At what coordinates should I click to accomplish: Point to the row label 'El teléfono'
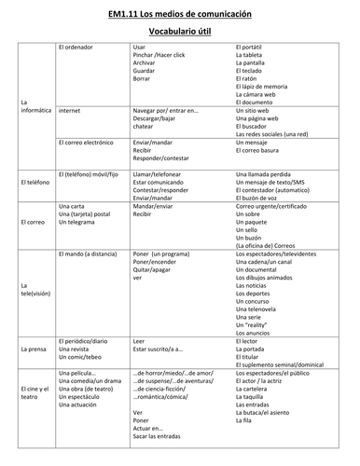35,182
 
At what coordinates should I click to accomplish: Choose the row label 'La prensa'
35,349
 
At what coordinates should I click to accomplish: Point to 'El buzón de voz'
261,198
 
